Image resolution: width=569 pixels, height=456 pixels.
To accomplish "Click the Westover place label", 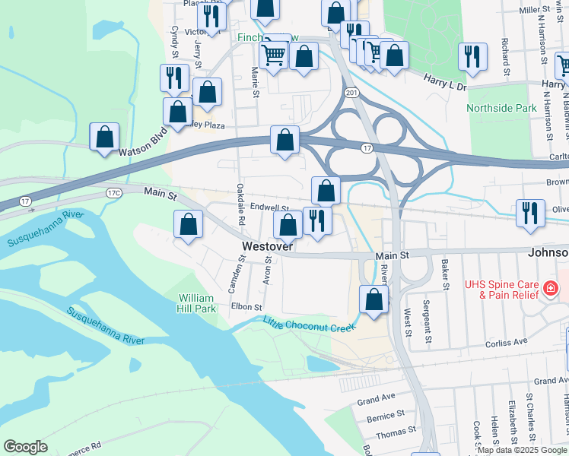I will coord(268,247).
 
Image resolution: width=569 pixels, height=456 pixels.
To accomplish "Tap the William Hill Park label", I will coord(197,303).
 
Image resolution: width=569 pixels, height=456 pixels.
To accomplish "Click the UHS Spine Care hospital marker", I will coord(549,289).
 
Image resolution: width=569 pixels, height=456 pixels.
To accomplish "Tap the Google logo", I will coord(25,447).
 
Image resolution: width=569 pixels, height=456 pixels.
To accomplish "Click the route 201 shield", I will coord(350,93).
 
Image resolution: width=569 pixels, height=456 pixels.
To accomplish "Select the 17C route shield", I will coord(114,194).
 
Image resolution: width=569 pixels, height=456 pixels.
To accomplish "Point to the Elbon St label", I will coord(247,307).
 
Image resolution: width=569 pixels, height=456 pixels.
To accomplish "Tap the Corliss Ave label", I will coord(506,343).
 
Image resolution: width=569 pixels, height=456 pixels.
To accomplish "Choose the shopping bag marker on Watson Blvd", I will coord(105,137).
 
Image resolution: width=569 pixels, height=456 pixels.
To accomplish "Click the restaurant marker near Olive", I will coord(529,212).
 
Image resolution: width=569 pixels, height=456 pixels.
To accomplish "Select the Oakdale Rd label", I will coord(240,204).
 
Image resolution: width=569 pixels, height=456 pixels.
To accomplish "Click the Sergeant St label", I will coord(428,331).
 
